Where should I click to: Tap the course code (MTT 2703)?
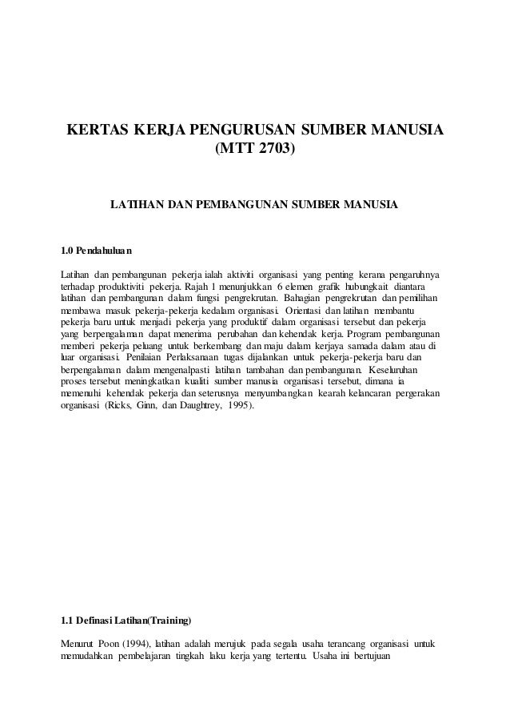pos(255,148)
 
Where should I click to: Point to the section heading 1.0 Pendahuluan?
pos(97,247)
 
